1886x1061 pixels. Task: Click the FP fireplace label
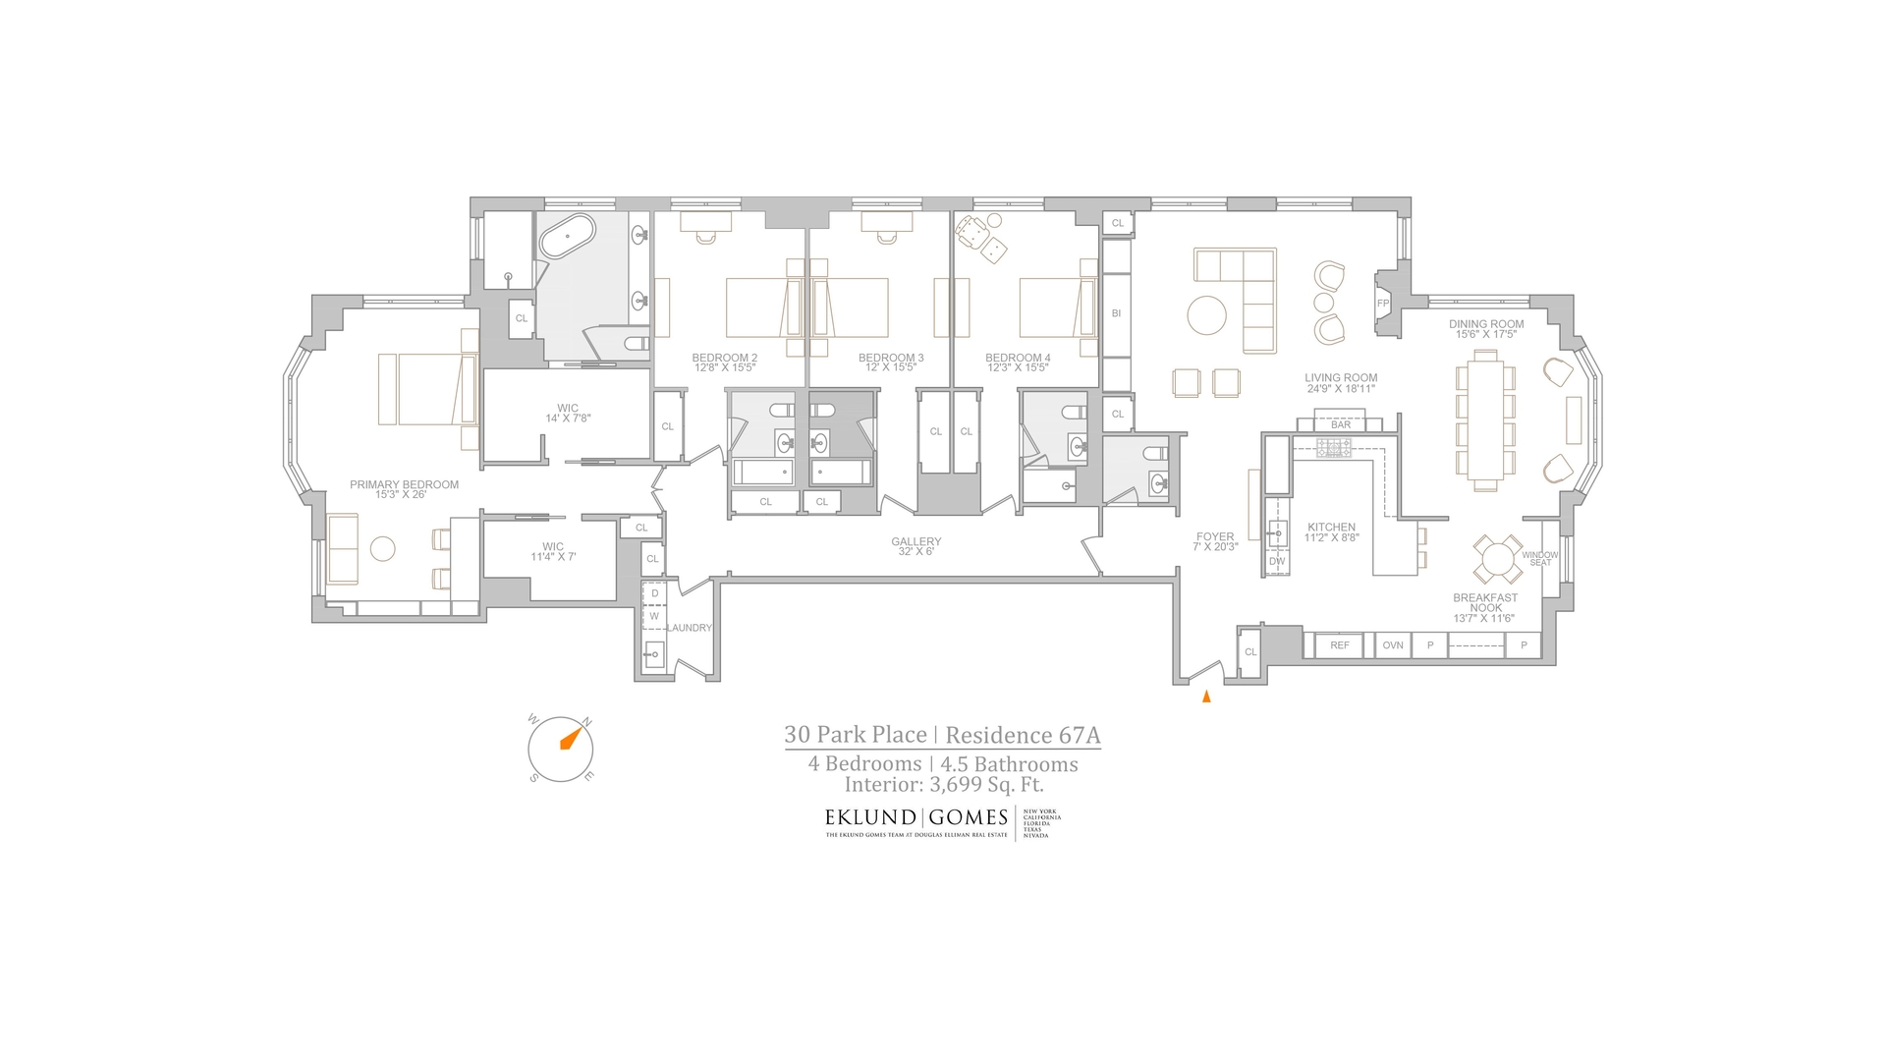[1383, 304]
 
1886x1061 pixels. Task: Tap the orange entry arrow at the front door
[1206, 697]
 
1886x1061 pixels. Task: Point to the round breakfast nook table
[1498, 560]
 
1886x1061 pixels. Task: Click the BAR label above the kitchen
[1341, 425]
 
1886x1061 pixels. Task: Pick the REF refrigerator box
[1340, 645]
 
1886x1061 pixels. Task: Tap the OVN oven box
[1393, 645]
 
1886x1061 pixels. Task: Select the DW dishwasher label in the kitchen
[1277, 562]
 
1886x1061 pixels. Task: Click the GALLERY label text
[915, 541]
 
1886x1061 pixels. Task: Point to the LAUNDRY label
[689, 628]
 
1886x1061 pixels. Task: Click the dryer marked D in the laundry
[655, 593]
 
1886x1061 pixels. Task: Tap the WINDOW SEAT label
[1539, 558]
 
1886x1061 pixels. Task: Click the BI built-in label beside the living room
[1116, 313]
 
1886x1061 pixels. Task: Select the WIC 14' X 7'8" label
[567, 413]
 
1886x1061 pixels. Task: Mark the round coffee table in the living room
[1206, 316]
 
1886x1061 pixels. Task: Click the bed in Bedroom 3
[850, 307]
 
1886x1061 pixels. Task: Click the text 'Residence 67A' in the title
[1023, 735]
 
